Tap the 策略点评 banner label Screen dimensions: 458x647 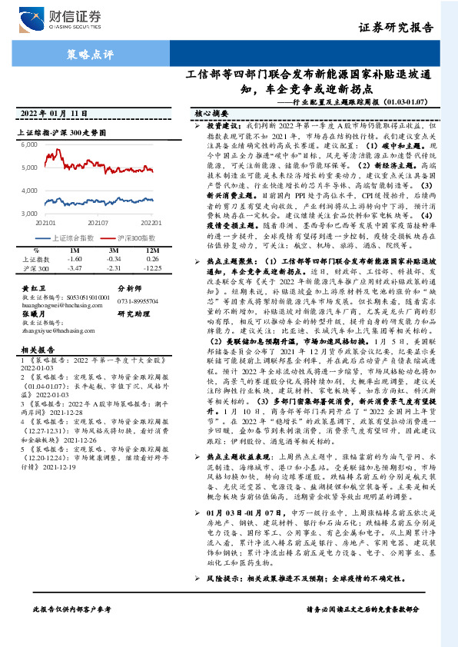[x=90, y=55]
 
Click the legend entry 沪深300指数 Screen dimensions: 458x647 [x=136, y=237]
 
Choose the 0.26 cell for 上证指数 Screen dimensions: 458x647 [x=152, y=259]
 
